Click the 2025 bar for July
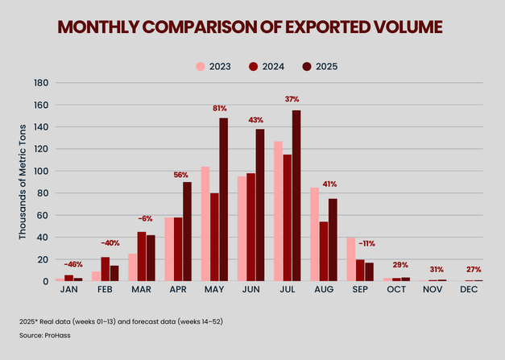point(297,196)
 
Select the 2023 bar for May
point(205,224)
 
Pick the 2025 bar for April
point(187,232)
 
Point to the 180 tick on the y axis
point(42,83)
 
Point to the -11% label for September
point(366,243)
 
